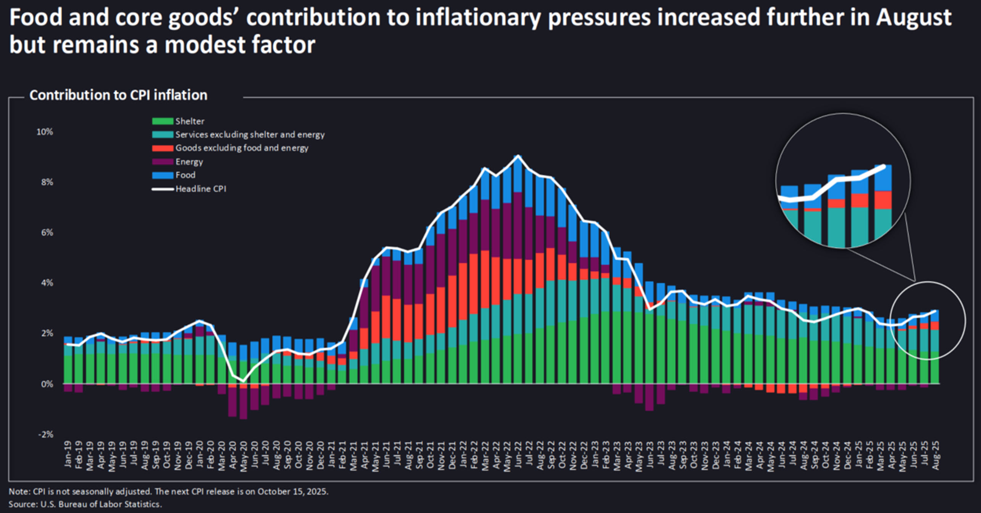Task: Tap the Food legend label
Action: [x=186, y=175]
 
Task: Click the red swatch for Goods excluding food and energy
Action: [x=162, y=148]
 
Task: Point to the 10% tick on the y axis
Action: [x=45, y=132]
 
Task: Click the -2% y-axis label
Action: [x=45, y=434]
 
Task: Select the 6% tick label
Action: [x=47, y=233]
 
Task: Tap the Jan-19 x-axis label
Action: [x=68, y=454]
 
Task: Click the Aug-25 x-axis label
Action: [x=936, y=455]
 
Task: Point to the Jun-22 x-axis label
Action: [x=518, y=454]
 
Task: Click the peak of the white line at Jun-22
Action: [x=518, y=156]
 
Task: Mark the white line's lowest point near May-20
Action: [x=244, y=381]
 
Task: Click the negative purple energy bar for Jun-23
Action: [x=649, y=397]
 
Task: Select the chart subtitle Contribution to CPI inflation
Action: [x=118, y=95]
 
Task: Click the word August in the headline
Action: [x=913, y=18]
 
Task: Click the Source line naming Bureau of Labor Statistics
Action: [x=85, y=504]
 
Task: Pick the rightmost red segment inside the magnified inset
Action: [x=883, y=200]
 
